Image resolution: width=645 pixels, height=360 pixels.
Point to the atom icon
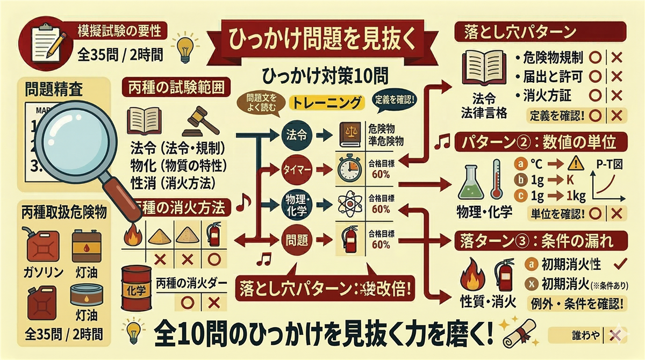[350, 205]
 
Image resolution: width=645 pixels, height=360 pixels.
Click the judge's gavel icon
[202, 123]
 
